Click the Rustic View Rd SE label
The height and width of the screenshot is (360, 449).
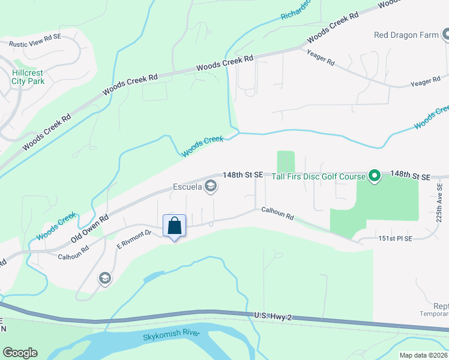[x=35, y=40]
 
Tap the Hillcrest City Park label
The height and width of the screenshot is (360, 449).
[x=28, y=76]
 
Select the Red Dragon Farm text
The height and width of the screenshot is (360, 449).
[x=406, y=35]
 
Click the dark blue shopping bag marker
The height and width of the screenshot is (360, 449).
[x=174, y=226]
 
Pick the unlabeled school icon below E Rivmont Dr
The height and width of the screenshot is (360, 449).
[x=104, y=278]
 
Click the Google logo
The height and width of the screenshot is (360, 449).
[x=20, y=353]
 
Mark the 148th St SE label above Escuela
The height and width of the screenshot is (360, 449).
[x=243, y=175]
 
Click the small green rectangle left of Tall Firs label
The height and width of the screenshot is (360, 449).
[x=286, y=161]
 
